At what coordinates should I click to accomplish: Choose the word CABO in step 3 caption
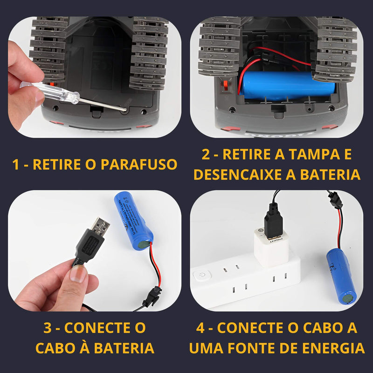pyautogui.click(x=63, y=348)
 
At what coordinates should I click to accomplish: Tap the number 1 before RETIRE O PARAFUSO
pyautogui.click(x=17, y=164)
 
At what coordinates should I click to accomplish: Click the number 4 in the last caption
pyautogui.click(x=201, y=327)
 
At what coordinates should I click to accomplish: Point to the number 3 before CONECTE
pyautogui.click(x=48, y=327)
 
